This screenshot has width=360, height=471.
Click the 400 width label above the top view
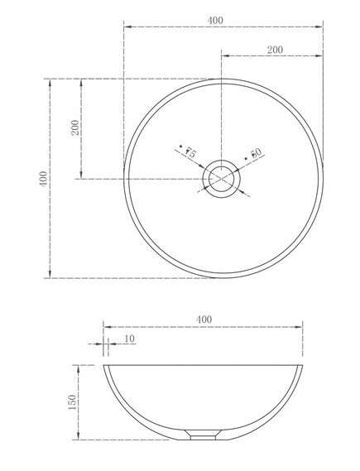point(215,21)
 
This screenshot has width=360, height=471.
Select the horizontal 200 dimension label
point(275,50)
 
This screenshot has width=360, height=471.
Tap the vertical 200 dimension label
point(75,127)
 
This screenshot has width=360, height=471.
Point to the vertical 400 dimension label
point(44,179)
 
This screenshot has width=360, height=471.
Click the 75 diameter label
point(190,153)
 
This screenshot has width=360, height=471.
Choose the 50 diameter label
point(256,153)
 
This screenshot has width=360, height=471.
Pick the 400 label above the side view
point(204,320)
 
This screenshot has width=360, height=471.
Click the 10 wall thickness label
point(129,339)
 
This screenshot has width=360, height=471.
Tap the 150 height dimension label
point(72,402)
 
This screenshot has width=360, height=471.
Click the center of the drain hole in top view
point(221,179)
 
